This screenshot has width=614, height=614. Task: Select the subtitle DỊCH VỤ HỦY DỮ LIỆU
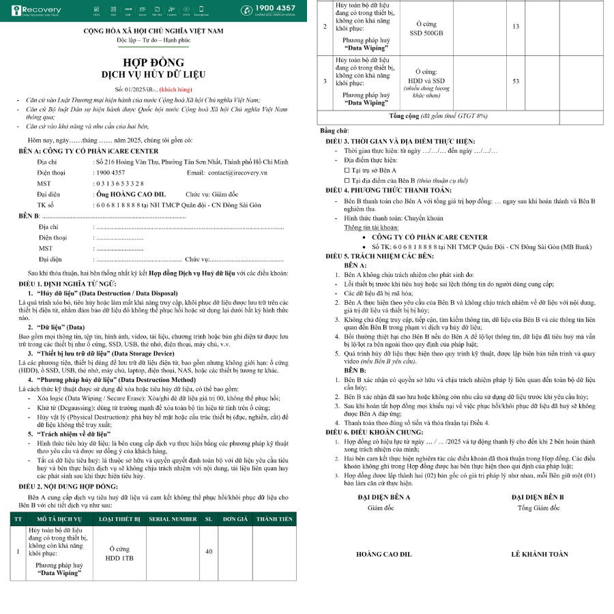click(x=153, y=74)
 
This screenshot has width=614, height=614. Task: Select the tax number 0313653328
click(x=119, y=184)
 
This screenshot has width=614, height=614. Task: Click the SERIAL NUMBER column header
click(x=173, y=519)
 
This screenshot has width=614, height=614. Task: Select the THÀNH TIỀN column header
click(x=274, y=519)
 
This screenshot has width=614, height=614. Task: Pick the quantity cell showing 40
click(x=209, y=551)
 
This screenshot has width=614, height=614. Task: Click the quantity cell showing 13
click(x=516, y=26)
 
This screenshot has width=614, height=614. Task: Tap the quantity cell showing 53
click(x=516, y=81)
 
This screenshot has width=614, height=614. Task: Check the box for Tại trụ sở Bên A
click(x=347, y=170)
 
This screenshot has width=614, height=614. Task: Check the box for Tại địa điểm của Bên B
click(x=347, y=180)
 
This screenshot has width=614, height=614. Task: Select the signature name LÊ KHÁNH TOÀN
click(x=539, y=554)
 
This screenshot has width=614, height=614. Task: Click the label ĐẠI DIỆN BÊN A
click(x=383, y=497)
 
